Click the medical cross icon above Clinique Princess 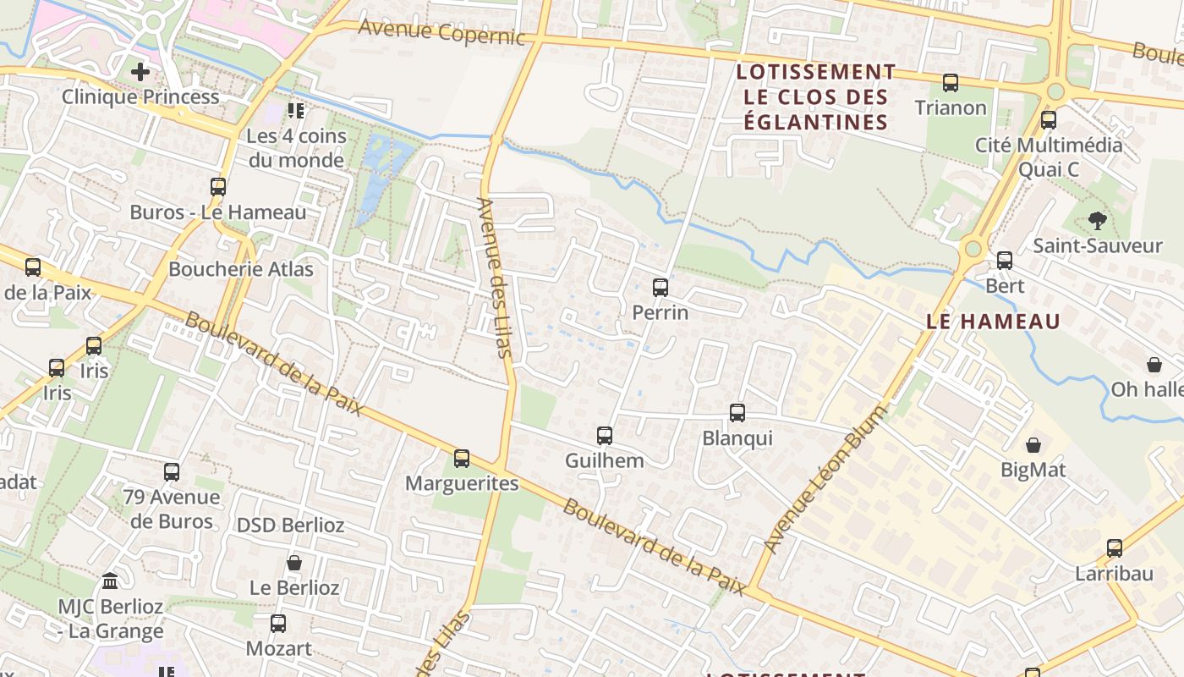[x=140, y=72]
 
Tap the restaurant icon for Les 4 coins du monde [x=295, y=110]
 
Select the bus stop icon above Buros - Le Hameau [x=218, y=187]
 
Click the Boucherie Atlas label [x=241, y=269]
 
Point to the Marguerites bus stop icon [x=461, y=459]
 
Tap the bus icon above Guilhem [x=604, y=436]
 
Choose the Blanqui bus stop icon [x=737, y=413]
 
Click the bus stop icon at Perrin [x=661, y=288]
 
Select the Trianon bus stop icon [x=951, y=83]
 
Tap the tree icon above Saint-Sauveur [x=1098, y=221]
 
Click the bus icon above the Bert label [x=1005, y=261]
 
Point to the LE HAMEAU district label [x=993, y=322]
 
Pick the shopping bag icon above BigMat [x=1033, y=445]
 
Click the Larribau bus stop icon [x=1114, y=548]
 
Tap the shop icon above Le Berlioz [x=294, y=563]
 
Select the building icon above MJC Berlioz [x=110, y=581]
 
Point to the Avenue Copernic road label [x=441, y=32]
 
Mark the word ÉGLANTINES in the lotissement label [x=815, y=123]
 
